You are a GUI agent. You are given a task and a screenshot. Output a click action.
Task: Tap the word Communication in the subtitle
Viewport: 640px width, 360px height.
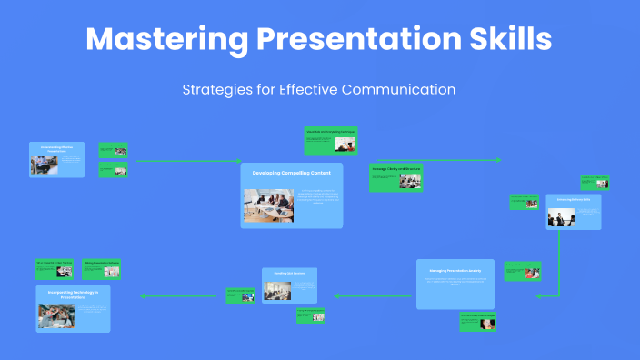pyautogui.click(x=400, y=89)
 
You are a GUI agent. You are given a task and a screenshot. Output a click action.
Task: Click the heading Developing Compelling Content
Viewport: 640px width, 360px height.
pyautogui.click(x=292, y=172)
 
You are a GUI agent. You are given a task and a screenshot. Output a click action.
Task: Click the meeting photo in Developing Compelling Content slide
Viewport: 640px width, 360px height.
pyautogui.click(x=268, y=205)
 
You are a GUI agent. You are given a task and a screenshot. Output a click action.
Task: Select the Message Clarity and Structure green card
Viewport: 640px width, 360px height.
pyautogui.click(x=395, y=177)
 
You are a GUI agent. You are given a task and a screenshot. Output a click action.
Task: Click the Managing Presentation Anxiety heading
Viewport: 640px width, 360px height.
pyautogui.click(x=455, y=271)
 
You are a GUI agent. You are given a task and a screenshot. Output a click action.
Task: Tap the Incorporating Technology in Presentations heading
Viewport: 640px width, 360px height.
pyautogui.click(x=73, y=293)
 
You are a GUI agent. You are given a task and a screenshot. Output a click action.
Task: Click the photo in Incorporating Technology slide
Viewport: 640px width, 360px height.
pyautogui.click(x=55, y=315)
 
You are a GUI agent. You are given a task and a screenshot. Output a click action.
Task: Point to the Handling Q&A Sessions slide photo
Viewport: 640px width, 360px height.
pyautogui.click(x=276, y=291)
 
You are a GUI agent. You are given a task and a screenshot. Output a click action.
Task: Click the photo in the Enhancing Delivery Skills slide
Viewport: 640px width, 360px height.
pyautogui.click(x=561, y=217)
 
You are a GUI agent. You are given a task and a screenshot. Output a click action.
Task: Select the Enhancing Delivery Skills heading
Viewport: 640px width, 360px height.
pyautogui.click(x=573, y=199)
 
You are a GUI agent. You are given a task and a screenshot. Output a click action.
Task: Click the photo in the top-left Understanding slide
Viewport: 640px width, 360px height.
pyautogui.click(x=43, y=165)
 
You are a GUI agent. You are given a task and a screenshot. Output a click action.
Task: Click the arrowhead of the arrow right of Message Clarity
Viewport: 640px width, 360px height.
pyautogui.click(x=498, y=161)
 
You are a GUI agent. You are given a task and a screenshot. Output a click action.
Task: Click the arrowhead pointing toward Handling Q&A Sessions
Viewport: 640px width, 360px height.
pyautogui.click(x=335, y=295)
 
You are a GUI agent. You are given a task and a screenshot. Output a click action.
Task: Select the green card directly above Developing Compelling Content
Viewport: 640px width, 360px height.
pyautogui.click(x=331, y=141)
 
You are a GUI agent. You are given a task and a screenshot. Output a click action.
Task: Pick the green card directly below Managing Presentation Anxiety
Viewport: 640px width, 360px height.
pyautogui.click(x=477, y=321)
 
